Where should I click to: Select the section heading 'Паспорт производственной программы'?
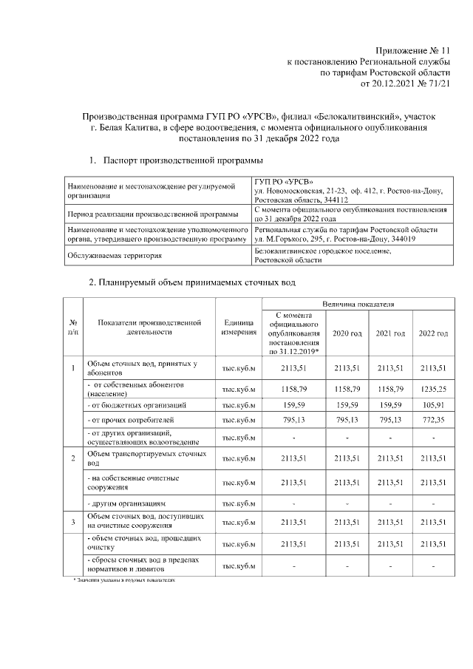182,160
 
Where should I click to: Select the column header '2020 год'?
347,333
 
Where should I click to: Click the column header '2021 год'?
390,333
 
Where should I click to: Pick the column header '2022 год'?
433,333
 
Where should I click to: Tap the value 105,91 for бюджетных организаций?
433,405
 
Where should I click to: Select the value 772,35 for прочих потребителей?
433,421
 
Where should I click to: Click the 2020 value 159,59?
347,405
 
